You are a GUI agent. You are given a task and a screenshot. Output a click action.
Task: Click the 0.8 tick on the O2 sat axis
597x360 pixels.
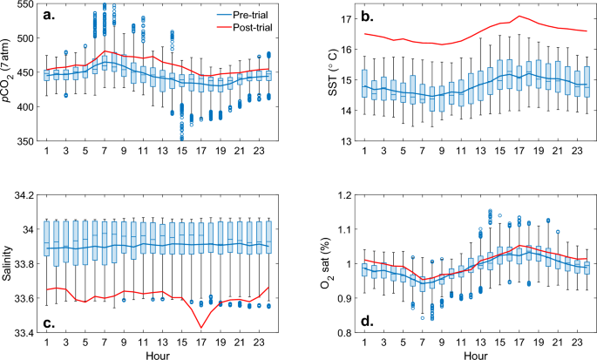pos(345,333)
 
